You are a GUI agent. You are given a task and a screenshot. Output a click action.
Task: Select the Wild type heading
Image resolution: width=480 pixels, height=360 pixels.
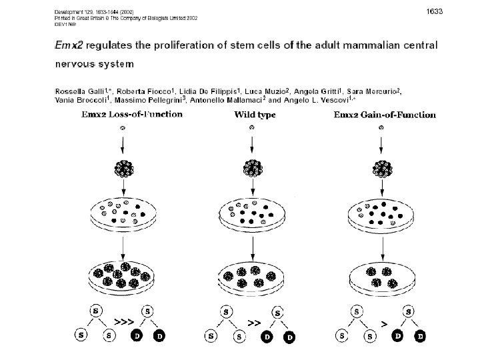coord(255,115)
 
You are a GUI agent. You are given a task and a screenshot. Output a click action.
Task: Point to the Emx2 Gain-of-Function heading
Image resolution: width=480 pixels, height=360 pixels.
coord(385,115)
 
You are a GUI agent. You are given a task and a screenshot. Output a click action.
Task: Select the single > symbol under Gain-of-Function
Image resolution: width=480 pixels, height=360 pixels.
coord(383,323)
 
